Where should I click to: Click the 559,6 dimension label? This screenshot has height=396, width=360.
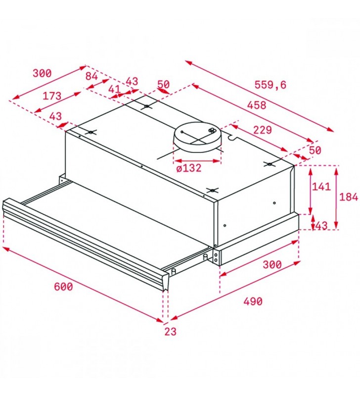click(270, 85)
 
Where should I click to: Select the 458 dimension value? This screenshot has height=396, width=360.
click(256, 105)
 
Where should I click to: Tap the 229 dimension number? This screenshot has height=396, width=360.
click(263, 130)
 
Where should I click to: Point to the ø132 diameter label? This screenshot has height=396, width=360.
click(189, 168)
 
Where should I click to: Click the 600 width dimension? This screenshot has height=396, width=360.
click(63, 287)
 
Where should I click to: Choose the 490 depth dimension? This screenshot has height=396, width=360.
click(253, 301)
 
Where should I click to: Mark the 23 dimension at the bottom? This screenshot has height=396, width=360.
click(170, 332)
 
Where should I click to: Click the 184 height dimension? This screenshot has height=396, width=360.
click(349, 197)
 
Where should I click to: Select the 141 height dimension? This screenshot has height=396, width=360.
click(321, 187)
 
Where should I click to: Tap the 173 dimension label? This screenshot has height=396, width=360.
click(52, 96)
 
